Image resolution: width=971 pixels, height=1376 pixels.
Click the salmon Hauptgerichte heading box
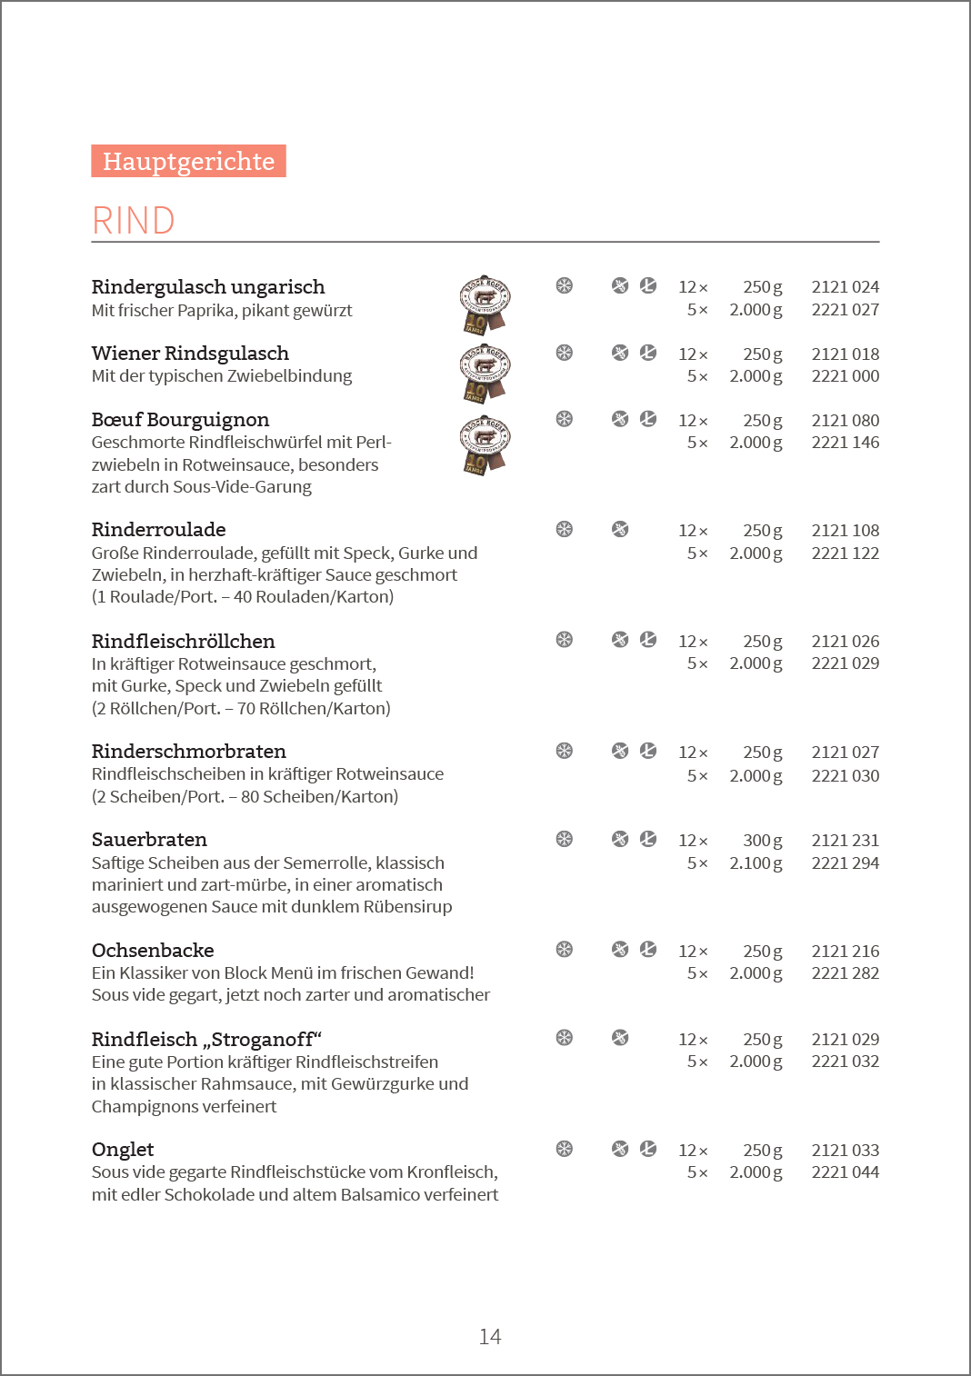click(188, 161)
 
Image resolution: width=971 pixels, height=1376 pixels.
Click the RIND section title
click(133, 221)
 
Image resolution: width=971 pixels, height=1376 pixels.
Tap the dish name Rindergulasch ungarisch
click(208, 287)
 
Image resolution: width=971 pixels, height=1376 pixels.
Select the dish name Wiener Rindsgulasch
click(190, 354)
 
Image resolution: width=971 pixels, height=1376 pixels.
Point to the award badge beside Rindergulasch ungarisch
click(485, 304)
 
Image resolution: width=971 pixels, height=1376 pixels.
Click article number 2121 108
click(845, 531)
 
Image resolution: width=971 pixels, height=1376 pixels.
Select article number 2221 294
click(845, 863)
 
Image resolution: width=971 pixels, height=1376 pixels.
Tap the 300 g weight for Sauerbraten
click(762, 841)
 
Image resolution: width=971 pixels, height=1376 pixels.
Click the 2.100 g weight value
click(756, 863)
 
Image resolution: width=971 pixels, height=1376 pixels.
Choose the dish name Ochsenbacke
click(153, 951)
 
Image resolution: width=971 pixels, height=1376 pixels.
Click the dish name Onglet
click(123, 1150)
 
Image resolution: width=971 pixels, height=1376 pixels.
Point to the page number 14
click(490, 1337)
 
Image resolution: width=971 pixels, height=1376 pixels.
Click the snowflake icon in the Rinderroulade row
click(565, 529)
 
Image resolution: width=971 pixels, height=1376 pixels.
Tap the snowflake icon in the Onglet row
click(565, 1149)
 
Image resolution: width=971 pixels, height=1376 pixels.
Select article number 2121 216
click(845, 952)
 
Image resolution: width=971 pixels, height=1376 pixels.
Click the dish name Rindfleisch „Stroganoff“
click(206, 1040)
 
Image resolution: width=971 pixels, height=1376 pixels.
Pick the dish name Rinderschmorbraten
click(189, 752)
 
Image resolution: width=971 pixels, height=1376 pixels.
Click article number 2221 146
click(845, 443)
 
